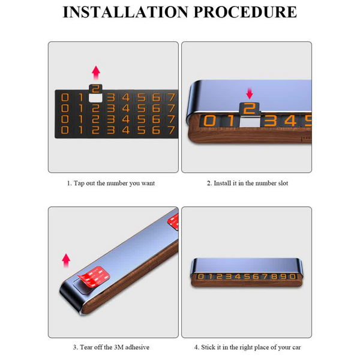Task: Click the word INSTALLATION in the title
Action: tap(125, 12)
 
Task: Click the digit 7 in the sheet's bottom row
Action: tap(172, 129)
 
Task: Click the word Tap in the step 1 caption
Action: tap(80, 183)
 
